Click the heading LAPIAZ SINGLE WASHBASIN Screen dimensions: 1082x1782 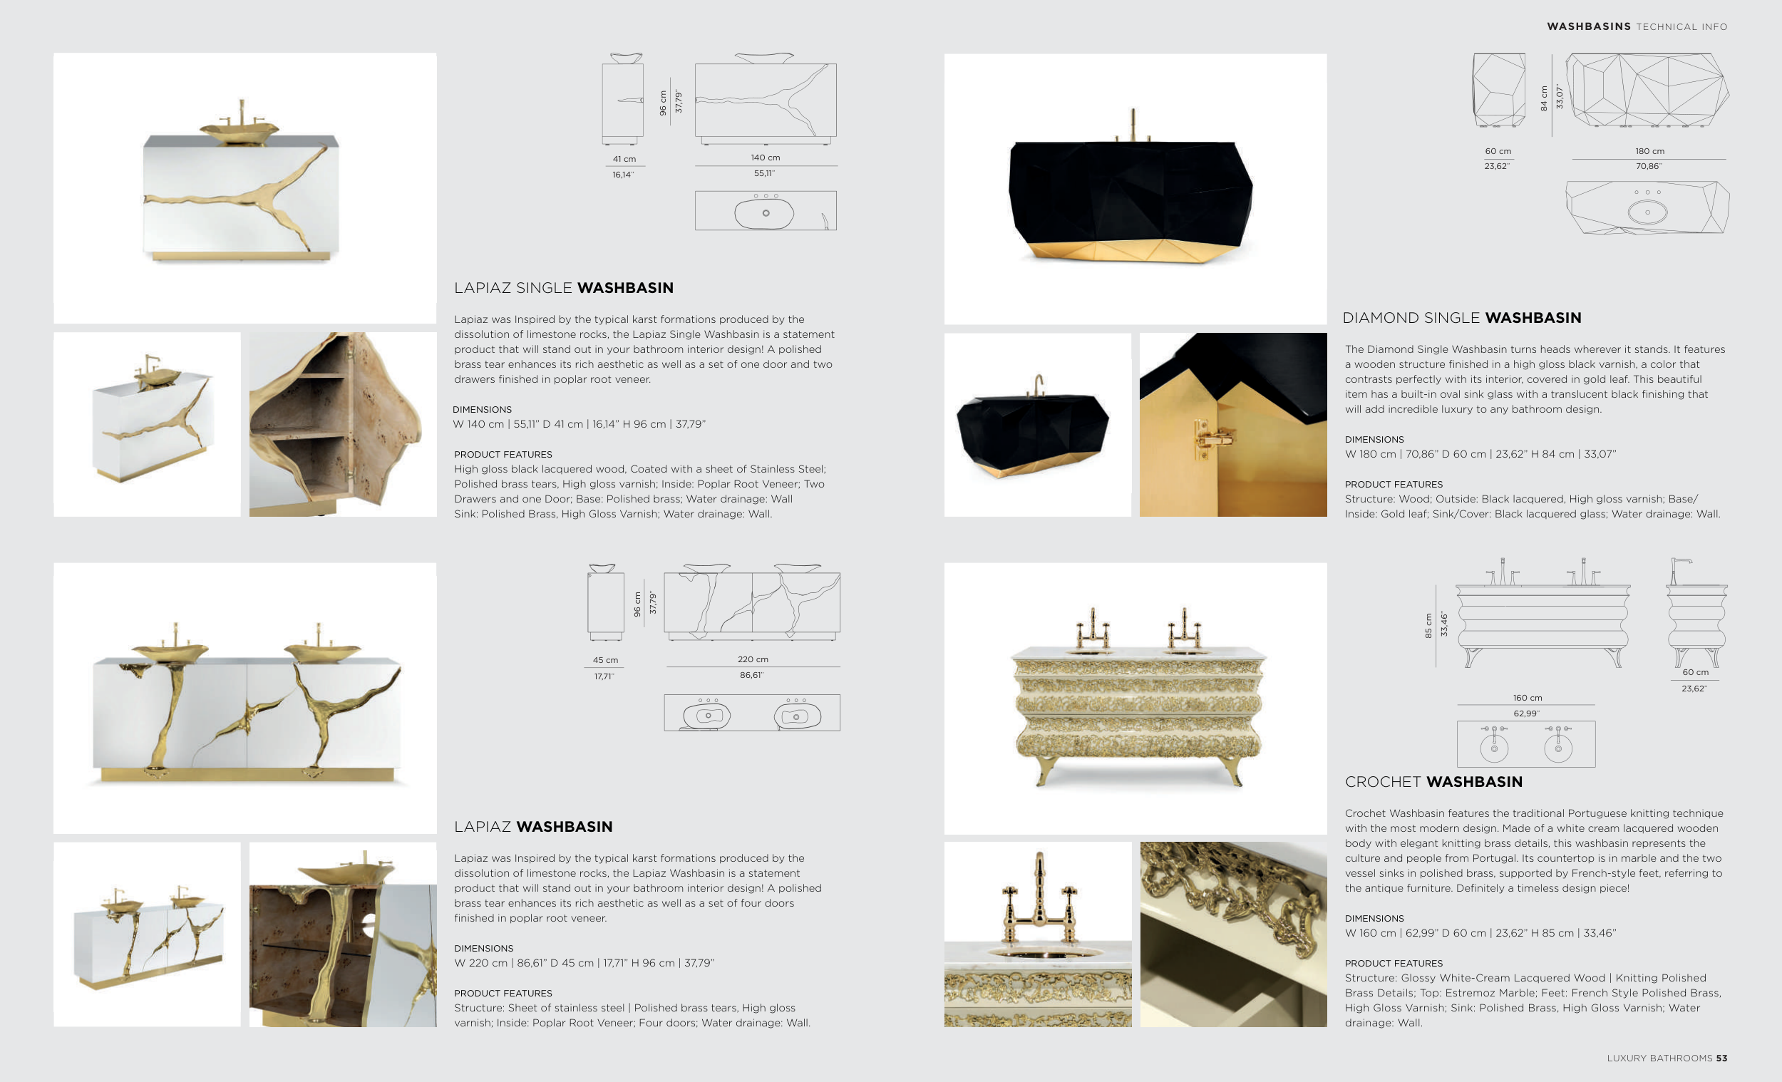pyautogui.click(x=563, y=288)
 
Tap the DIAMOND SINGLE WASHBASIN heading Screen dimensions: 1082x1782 pyautogui.click(x=1462, y=317)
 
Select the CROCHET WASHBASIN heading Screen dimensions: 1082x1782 pyautogui.click(x=1433, y=782)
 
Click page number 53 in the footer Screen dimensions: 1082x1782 pyautogui.click(x=1721, y=1058)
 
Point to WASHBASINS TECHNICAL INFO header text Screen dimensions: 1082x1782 pyautogui.click(x=1637, y=27)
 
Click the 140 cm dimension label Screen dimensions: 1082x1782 pyautogui.click(x=765, y=158)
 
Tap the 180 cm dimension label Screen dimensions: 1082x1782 pyautogui.click(x=1649, y=151)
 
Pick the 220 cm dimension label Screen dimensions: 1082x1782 pyautogui.click(x=753, y=659)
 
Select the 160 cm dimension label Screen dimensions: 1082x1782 pyautogui.click(x=1528, y=698)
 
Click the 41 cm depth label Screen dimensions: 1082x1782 pyautogui.click(x=624, y=159)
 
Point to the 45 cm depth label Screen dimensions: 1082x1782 pyautogui.click(x=605, y=660)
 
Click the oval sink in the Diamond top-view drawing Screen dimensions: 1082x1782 pyautogui.click(x=1647, y=212)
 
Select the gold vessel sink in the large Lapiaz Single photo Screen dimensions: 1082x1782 pyautogui.click(x=239, y=131)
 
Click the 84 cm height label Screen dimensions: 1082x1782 pyautogui.click(x=1544, y=98)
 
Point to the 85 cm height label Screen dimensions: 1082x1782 pyautogui.click(x=1428, y=626)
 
